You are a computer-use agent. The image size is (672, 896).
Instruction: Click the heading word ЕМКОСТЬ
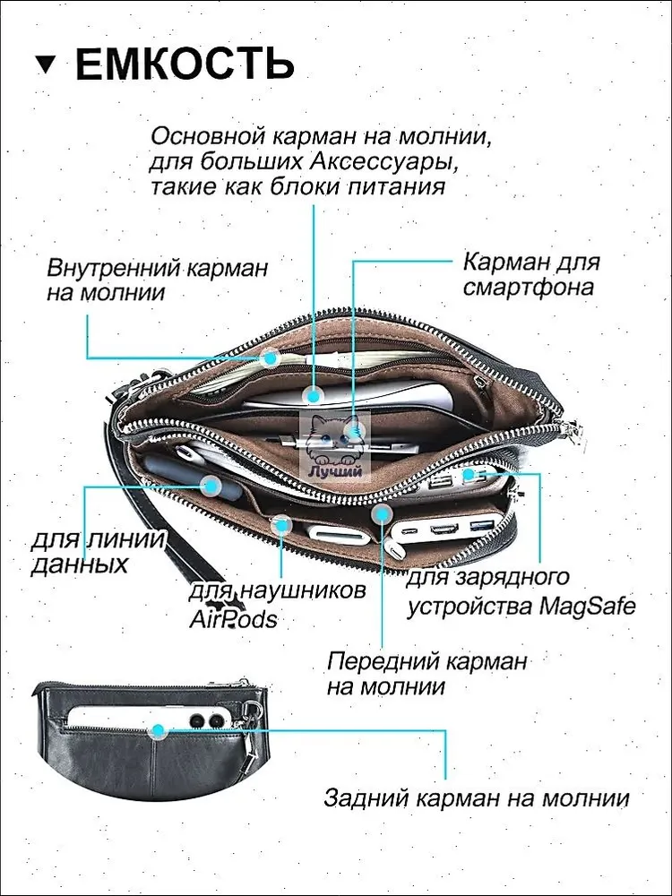(185, 65)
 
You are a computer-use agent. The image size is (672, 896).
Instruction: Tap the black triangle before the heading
(47, 65)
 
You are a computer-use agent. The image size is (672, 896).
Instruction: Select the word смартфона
(529, 288)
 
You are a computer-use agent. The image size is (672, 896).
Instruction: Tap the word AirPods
(233, 618)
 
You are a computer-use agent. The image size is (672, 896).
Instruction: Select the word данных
(79, 564)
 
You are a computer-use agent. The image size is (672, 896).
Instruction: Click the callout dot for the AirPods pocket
(282, 524)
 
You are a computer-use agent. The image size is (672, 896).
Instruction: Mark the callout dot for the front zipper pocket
(382, 513)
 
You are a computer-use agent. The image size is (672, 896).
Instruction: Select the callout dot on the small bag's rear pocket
(159, 730)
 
